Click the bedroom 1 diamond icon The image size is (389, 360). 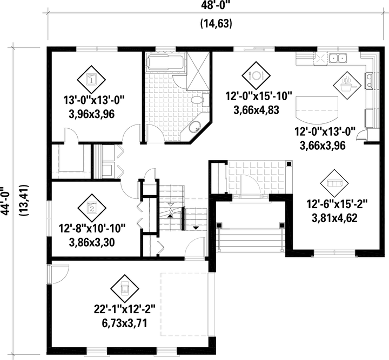click(x=91, y=80)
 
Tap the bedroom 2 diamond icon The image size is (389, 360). click(x=92, y=208)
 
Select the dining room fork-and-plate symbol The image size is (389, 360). click(x=256, y=75)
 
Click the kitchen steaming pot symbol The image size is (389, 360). click(x=347, y=86)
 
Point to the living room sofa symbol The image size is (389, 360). click(x=334, y=183)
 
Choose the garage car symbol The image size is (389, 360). click(x=125, y=289)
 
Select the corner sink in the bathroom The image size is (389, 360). click(x=194, y=127)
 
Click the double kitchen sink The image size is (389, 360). click(x=338, y=58)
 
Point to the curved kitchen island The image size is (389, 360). click(x=317, y=109)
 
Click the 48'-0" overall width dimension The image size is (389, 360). click(x=216, y=5)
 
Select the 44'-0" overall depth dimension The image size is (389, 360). click(x=5, y=200)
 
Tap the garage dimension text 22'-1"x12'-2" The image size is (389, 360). click(x=125, y=309)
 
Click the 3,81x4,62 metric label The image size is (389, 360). click(x=334, y=218)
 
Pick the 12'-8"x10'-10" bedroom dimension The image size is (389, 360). click(x=92, y=229)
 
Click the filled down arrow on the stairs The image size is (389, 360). click(x=196, y=227)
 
